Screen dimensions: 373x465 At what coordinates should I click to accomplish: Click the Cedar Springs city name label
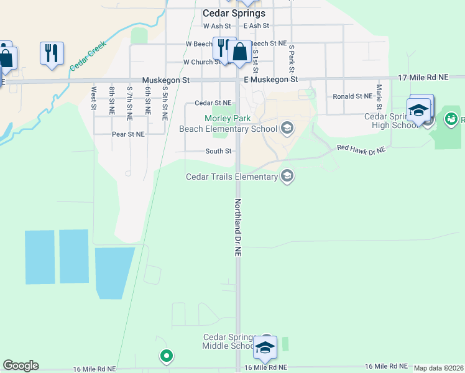click(234, 13)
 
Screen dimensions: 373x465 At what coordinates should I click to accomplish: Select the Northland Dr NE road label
click(238, 228)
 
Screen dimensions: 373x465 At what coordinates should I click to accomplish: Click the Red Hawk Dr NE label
click(361, 149)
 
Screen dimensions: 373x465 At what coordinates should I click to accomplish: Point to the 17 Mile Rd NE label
click(423, 78)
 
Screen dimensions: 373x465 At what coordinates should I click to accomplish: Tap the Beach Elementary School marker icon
click(287, 129)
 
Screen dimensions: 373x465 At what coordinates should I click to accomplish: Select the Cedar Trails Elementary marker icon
click(287, 177)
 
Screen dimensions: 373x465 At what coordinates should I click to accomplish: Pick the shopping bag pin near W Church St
click(239, 52)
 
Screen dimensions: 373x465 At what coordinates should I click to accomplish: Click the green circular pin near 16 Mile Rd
click(166, 356)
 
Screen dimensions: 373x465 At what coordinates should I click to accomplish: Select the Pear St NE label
click(128, 134)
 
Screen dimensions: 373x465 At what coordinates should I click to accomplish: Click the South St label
click(219, 151)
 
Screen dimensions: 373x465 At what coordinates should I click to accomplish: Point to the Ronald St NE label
click(352, 96)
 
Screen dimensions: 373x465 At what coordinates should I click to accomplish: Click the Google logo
click(21, 366)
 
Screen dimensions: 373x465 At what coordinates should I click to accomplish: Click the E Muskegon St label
click(271, 80)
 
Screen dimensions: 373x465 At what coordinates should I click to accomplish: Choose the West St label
click(94, 98)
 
